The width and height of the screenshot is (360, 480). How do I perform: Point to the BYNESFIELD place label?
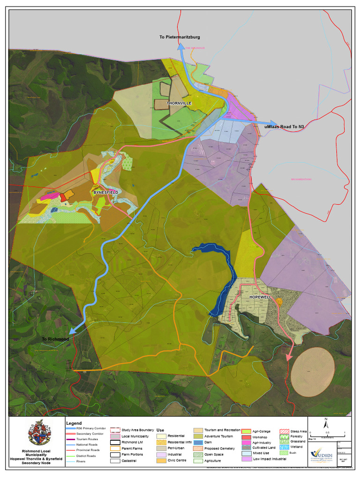(105, 192)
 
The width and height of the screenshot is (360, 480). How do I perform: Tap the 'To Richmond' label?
(55, 339)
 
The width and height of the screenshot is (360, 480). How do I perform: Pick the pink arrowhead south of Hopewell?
(288, 357)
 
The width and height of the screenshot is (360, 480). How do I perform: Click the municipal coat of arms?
(38, 433)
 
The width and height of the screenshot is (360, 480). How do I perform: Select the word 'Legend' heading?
(74, 423)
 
